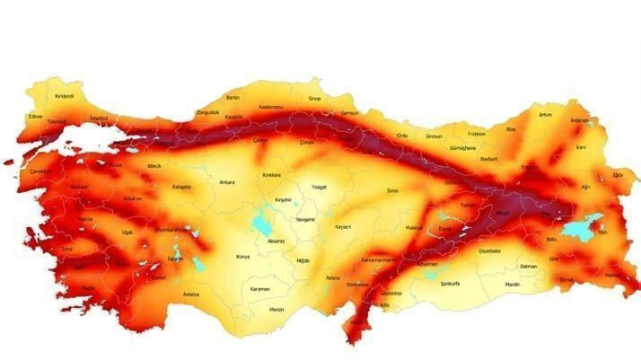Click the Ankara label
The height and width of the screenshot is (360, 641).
(x=227, y=182)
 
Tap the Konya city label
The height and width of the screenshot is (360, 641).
(x=241, y=257)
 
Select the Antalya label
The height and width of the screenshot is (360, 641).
(x=190, y=294)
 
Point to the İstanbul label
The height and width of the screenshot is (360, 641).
(x=99, y=119)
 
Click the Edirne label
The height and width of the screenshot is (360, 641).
(x=36, y=116)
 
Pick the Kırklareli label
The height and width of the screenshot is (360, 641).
(x=64, y=96)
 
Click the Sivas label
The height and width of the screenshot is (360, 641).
(x=391, y=191)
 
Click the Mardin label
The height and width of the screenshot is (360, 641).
(x=512, y=285)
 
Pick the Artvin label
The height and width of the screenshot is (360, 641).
(x=545, y=115)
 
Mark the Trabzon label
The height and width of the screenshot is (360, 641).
(x=477, y=135)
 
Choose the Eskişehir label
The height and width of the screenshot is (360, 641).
(x=181, y=187)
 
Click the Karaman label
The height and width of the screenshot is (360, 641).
(x=260, y=289)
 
